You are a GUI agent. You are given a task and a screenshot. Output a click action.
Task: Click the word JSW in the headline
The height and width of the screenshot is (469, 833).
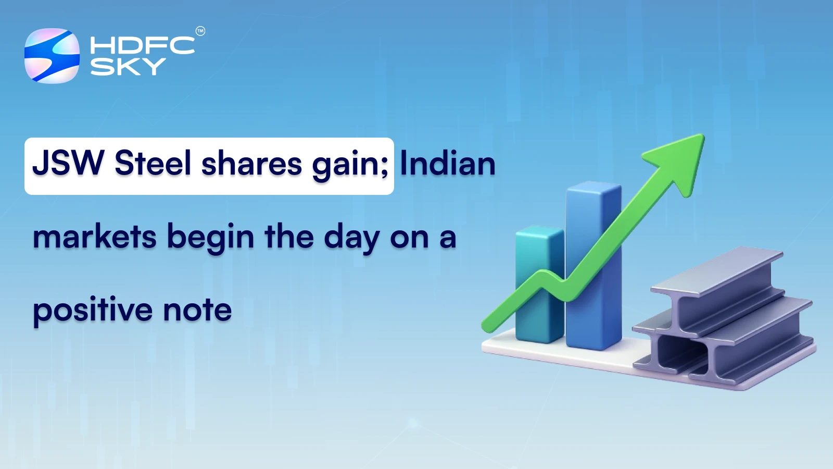(x=68, y=164)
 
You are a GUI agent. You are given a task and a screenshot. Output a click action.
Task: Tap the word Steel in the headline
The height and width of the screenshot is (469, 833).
(x=153, y=164)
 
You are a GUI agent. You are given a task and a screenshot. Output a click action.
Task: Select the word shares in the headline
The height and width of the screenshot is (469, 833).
(x=251, y=164)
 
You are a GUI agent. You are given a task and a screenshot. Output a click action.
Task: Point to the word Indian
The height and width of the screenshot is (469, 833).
(x=447, y=164)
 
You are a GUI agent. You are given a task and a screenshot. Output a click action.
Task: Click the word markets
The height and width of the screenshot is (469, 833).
(x=94, y=237)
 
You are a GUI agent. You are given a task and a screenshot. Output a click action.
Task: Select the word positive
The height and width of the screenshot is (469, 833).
(x=93, y=311)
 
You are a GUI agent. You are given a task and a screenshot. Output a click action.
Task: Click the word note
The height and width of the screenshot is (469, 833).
(x=197, y=311)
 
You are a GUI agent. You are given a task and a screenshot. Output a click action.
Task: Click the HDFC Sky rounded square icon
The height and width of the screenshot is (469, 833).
(x=52, y=56)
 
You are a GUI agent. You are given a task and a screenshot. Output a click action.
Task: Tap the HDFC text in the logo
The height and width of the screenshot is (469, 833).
(x=142, y=45)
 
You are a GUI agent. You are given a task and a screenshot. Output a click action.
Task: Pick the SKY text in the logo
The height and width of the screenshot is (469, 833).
(x=128, y=67)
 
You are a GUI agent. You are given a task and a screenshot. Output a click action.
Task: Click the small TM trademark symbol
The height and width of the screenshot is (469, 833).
(x=200, y=31)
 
